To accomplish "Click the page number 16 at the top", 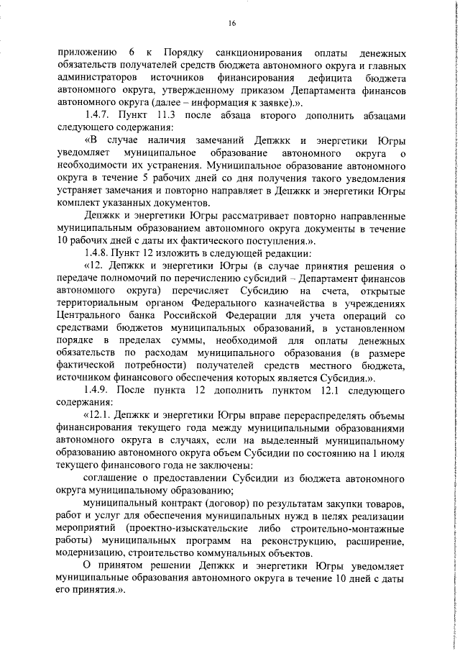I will click(232, 23).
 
